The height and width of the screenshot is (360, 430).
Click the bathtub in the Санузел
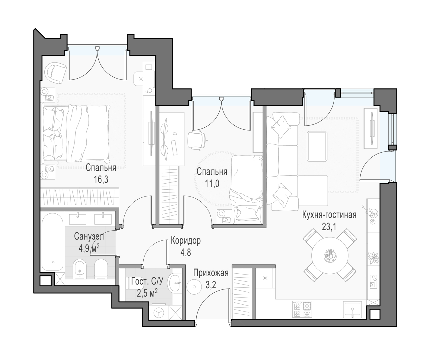pyautogui.click(x=52, y=242)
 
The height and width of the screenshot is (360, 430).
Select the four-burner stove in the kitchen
pyautogui.click(x=302, y=309)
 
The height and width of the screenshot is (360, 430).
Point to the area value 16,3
pyautogui.click(x=101, y=180)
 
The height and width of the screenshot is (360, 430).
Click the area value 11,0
pyautogui.click(x=212, y=184)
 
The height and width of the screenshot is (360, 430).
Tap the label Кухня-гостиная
pyautogui.click(x=329, y=215)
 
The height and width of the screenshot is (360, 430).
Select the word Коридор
pyautogui.click(x=186, y=241)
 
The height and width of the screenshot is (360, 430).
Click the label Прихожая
pyautogui.click(x=211, y=273)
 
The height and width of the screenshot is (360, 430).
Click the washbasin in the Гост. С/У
pyautogui.click(x=174, y=283)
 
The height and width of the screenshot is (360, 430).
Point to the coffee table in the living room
pyautogui.click(x=317, y=147)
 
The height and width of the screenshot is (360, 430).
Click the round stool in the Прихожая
pyautogui.click(x=194, y=287)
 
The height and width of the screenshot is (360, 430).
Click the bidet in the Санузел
pyautogui.click(x=79, y=269)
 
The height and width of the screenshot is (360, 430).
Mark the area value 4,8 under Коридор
pyautogui.click(x=186, y=253)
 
